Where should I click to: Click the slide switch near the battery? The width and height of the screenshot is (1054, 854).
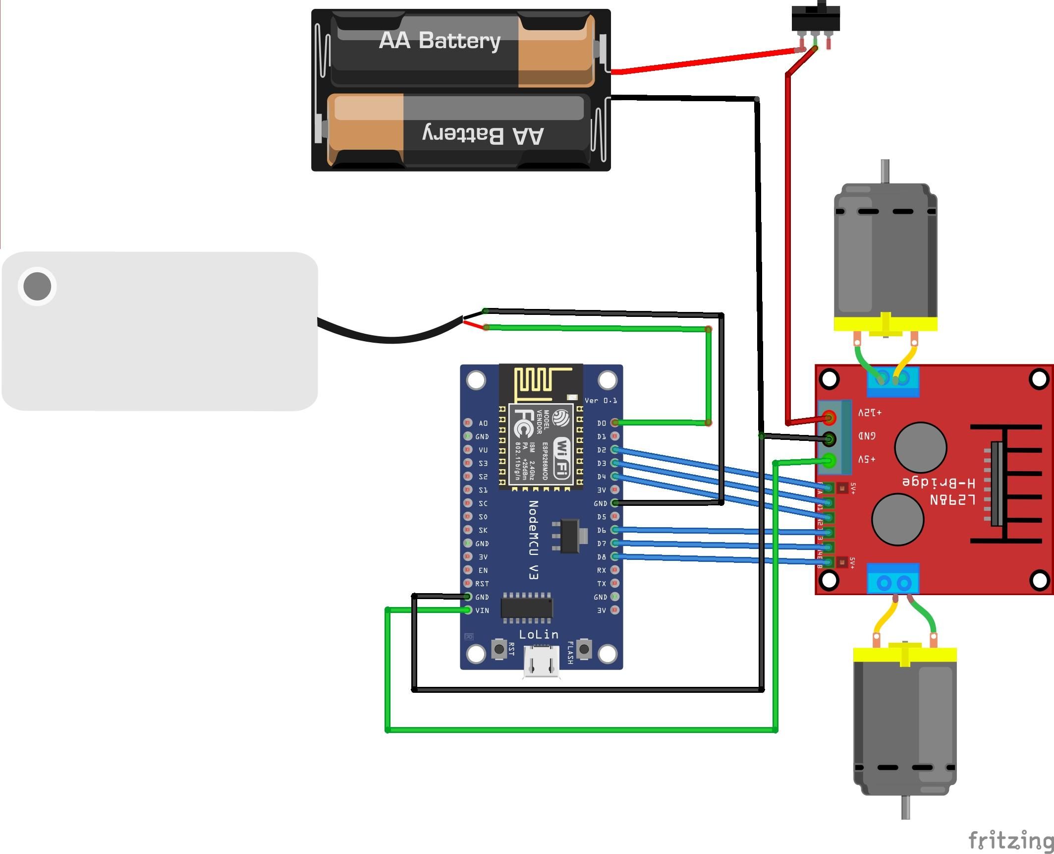click(816, 19)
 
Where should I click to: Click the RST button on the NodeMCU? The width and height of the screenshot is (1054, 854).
click(499, 649)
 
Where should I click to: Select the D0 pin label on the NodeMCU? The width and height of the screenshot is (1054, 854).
click(601, 423)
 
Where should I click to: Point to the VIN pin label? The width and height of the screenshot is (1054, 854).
click(482, 610)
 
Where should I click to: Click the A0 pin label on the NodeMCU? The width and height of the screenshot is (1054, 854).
click(483, 423)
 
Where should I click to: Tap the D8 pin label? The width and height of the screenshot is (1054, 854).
click(601, 557)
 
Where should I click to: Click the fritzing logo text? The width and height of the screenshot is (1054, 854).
click(1010, 840)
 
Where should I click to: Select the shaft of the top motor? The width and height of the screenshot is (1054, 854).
click(885, 171)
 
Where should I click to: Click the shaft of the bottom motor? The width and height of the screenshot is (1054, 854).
click(905, 807)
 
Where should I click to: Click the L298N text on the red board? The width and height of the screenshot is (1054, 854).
click(952, 499)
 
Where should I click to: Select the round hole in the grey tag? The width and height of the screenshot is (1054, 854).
click(37, 286)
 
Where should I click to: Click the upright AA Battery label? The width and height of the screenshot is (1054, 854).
click(439, 41)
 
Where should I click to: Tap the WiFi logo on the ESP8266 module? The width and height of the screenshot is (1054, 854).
click(562, 457)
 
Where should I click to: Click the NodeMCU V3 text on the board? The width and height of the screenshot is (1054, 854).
click(533, 540)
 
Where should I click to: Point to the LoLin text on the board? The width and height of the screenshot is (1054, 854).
click(539, 634)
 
